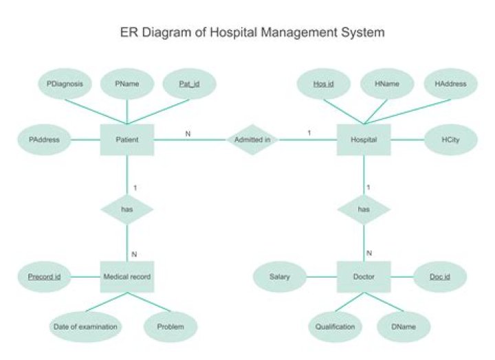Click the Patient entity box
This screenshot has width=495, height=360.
tap(127, 139)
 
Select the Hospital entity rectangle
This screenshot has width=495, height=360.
tap(364, 139)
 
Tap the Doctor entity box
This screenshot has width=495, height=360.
tap(364, 278)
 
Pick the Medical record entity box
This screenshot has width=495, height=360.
tap(127, 278)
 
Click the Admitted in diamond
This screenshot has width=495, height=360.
tap(252, 139)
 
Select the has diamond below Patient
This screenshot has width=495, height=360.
tap(127, 208)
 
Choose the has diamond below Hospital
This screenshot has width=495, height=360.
tap(364, 208)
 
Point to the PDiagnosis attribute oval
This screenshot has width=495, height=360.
tap(65, 85)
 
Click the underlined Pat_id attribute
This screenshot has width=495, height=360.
tap(189, 85)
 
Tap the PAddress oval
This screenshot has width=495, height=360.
tap(45, 139)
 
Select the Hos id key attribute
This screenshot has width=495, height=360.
tap(323, 85)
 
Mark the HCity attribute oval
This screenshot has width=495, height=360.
tap(450, 139)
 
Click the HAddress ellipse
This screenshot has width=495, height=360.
tap(450, 85)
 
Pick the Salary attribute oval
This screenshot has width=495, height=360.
tap(279, 278)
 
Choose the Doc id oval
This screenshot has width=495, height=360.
tap(440, 278)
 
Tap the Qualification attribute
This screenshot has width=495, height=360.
tap(335, 327)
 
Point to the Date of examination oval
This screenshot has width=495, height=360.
tap(86, 327)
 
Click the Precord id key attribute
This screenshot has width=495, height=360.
tap(45, 278)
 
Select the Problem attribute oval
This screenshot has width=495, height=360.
tap(170, 327)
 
